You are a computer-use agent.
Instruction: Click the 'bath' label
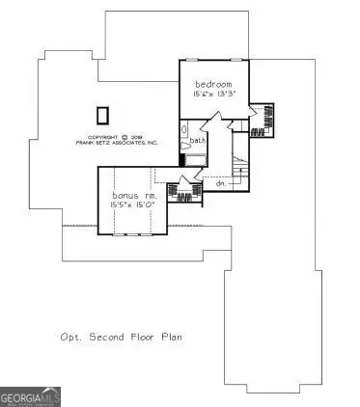pos(198,142)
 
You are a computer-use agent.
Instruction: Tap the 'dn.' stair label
pos(220,182)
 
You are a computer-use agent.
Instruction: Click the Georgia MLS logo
pos(32,395)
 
